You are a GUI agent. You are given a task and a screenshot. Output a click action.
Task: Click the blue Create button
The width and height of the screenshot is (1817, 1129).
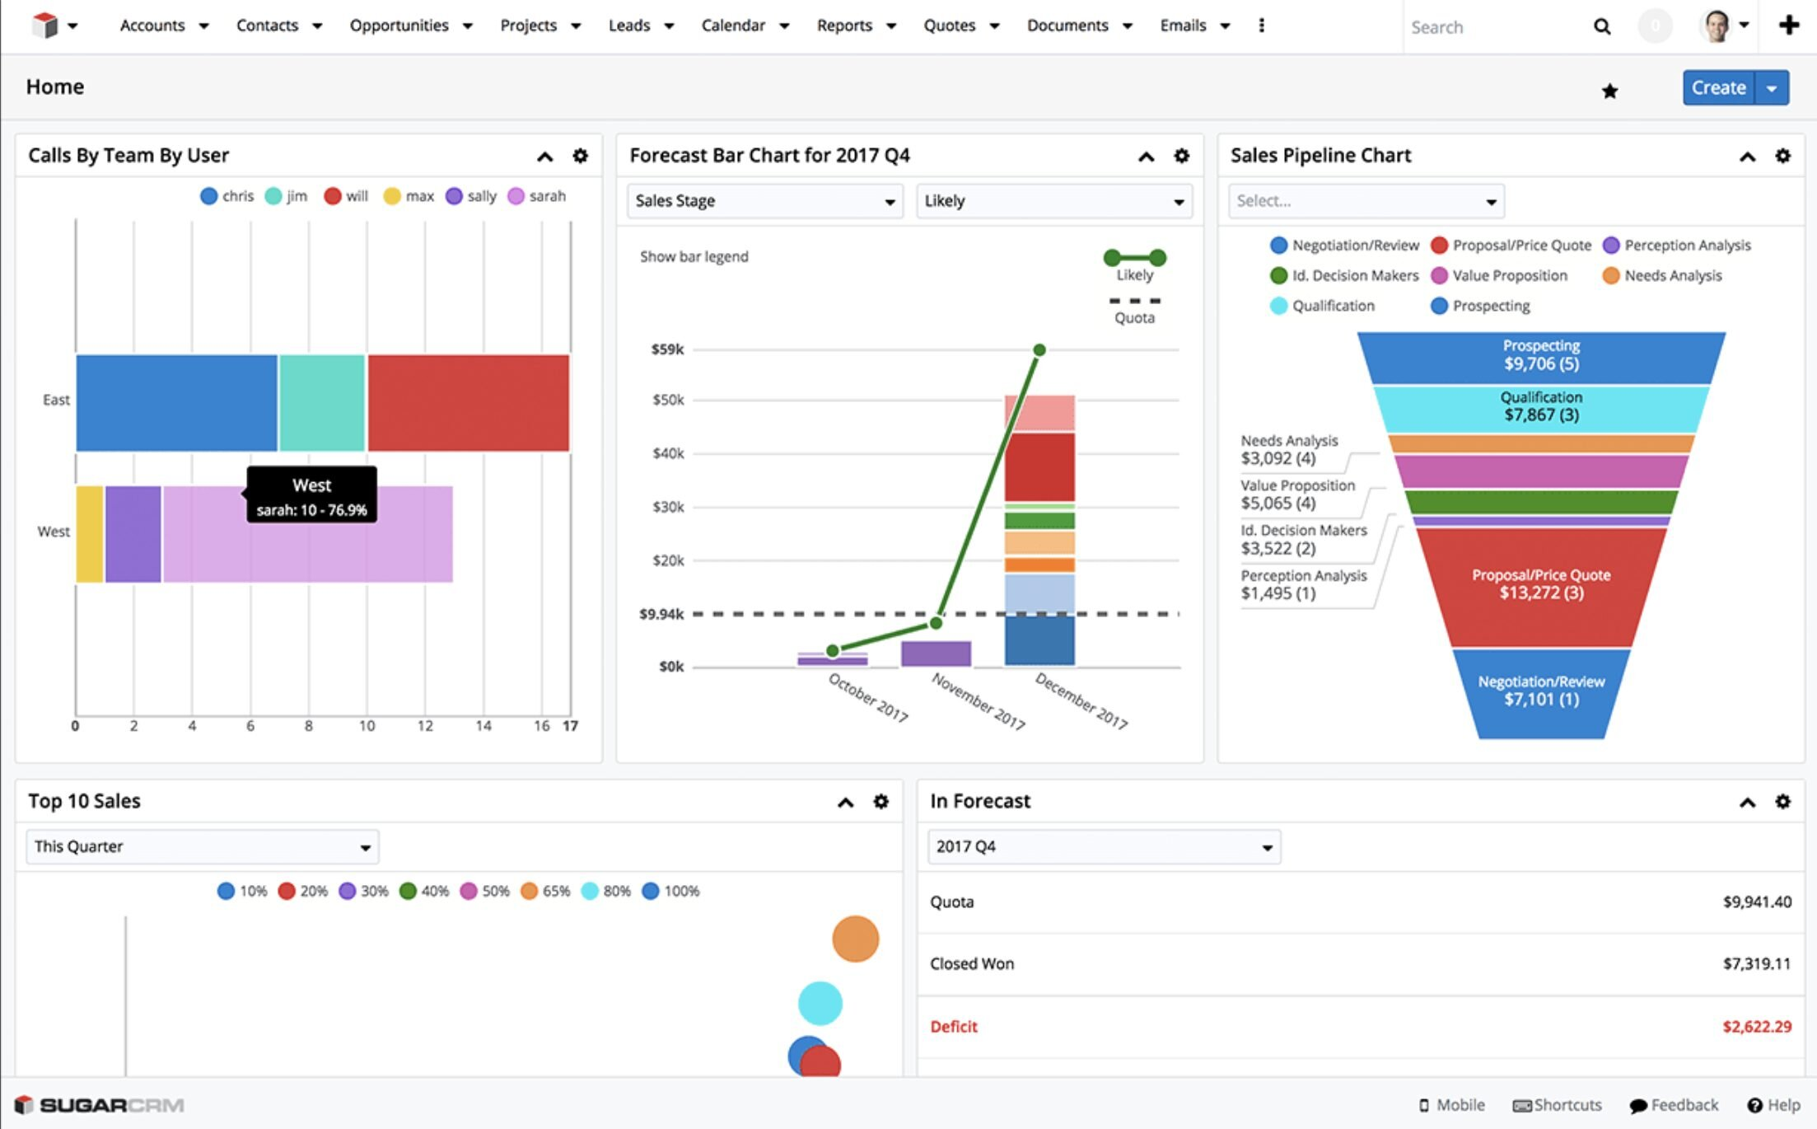[x=1718, y=87]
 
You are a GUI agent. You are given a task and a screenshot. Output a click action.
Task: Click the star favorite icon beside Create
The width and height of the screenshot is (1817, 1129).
[x=1609, y=91]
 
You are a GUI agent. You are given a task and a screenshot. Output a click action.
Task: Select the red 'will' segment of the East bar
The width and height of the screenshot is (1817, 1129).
[x=468, y=403]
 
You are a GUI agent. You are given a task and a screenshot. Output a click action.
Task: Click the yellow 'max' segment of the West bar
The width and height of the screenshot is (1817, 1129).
[x=89, y=534]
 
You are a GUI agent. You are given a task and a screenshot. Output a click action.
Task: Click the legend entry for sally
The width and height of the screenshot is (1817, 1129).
[x=471, y=196]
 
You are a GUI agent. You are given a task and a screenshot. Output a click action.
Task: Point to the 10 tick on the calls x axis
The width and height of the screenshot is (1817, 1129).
[x=367, y=725]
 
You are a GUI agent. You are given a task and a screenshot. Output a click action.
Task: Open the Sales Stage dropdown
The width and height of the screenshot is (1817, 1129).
[x=764, y=201]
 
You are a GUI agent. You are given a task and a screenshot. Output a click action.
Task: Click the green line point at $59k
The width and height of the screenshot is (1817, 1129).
[x=1039, y=350]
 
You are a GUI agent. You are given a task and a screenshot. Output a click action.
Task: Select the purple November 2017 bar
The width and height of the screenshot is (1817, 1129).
[x=936, y=654]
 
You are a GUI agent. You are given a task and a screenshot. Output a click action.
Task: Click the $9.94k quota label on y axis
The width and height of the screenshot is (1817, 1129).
[x=661, y=614]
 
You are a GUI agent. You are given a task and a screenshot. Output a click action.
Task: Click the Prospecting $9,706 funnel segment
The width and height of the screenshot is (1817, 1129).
[x=1540, y=356]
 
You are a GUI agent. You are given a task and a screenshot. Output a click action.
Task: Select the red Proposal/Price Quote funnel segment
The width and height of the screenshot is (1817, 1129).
[x=1540, y=584]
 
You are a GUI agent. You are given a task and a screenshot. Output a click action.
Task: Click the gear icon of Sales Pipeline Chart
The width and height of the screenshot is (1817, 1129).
[x=1782, y=156]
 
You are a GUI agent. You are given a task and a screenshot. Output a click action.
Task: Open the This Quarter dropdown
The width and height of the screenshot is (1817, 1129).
[x=202, y=847]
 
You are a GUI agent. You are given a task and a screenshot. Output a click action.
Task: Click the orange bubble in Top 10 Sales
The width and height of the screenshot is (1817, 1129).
[x=855, y=939]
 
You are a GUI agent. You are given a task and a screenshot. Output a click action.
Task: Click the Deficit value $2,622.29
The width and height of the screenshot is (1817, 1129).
[x=1756, y=1027]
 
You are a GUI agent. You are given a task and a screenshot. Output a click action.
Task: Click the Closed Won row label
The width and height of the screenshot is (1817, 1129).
[x=972, y=964]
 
